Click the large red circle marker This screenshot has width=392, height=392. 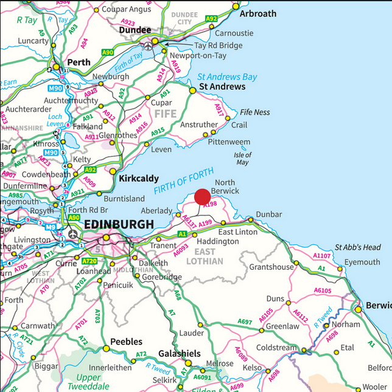203,197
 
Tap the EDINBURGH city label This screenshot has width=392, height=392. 119,224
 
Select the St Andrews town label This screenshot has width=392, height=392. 223,87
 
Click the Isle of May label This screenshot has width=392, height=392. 242,159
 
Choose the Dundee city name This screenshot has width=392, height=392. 135,30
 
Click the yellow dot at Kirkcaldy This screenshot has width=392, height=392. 113,171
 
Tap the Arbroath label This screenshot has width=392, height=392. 257,13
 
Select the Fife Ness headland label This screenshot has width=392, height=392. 255,112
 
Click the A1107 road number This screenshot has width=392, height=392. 322,256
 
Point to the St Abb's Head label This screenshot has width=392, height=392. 358,247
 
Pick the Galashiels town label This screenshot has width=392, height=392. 179,354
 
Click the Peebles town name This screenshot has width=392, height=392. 126,342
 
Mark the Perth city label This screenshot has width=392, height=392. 78,62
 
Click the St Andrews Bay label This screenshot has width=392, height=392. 227,77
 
